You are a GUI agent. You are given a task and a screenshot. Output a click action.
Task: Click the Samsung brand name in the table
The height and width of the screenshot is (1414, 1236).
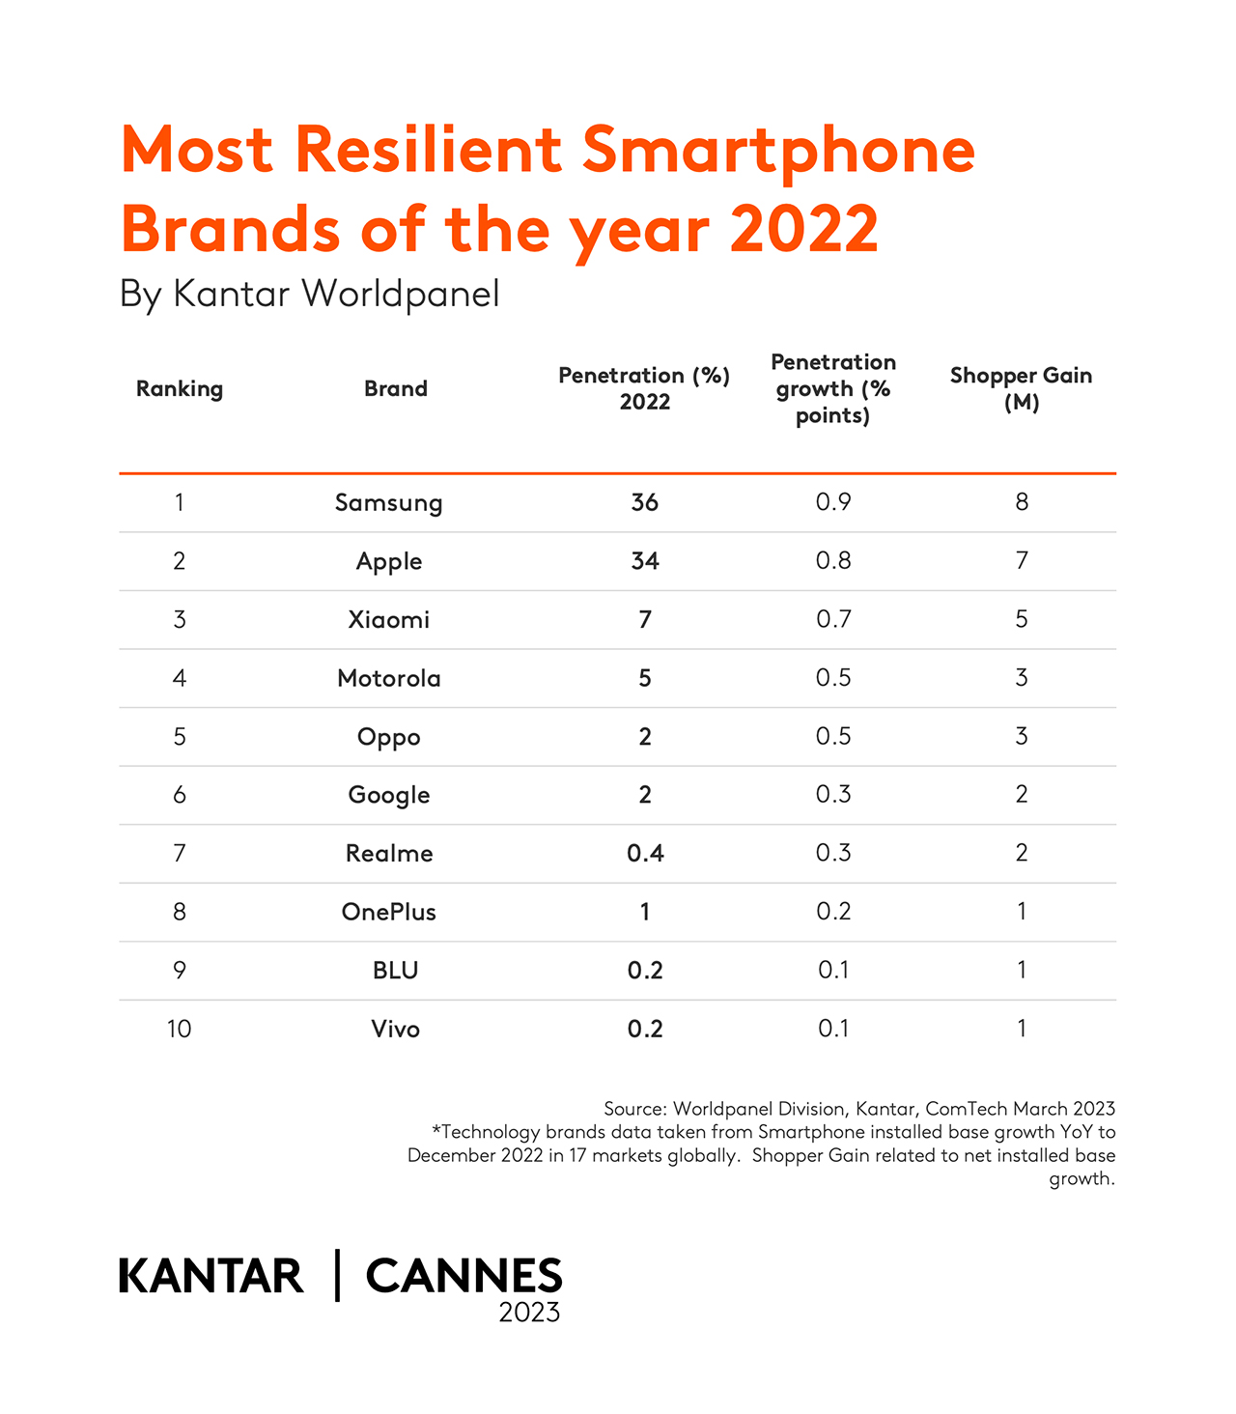388,503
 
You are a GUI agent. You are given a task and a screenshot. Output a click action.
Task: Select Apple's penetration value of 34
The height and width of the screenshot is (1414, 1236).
644,561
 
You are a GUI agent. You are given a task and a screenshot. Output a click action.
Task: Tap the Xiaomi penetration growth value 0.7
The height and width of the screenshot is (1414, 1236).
832,619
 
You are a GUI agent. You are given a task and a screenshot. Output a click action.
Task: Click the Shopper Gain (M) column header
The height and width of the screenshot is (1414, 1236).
1021,388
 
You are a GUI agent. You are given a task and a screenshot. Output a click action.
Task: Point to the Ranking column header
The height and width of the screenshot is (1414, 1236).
180,388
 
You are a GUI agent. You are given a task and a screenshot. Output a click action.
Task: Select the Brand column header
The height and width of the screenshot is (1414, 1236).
395,388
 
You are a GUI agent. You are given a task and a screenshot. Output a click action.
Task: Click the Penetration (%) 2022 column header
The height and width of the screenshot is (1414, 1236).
644,388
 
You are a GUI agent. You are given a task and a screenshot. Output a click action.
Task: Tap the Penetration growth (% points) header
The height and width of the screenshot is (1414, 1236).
832,388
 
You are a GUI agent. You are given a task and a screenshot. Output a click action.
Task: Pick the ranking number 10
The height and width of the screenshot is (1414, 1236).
180,1029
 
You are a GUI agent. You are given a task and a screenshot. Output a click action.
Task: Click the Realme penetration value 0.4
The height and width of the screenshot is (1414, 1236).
644,853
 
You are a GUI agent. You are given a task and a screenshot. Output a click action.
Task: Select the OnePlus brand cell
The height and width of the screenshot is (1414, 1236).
388,912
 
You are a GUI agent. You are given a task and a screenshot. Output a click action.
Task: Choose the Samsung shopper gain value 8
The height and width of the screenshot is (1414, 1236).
1021,502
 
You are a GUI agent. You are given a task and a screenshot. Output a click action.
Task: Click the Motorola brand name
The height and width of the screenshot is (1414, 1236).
388,678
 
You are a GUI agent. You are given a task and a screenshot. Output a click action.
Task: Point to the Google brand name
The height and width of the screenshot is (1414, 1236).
388,795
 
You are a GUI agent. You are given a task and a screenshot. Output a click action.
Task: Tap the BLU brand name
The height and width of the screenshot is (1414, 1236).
395,970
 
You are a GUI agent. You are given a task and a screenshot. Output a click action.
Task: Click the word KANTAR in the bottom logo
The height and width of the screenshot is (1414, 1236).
211,1276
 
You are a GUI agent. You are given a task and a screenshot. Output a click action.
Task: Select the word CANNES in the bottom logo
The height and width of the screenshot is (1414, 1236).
463,1276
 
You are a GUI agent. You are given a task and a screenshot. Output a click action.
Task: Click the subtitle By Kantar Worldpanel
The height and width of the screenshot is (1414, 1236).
309,294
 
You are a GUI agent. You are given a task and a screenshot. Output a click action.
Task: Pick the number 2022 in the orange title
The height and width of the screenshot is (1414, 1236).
803,230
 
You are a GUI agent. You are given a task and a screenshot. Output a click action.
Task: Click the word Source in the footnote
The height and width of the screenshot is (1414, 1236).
633,1109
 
